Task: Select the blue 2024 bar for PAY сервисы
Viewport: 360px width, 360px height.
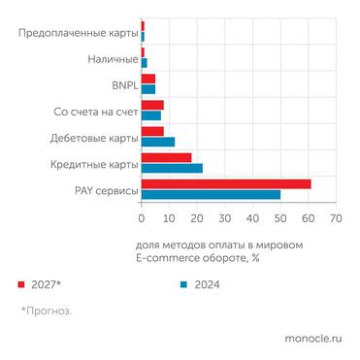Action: pos(211,194)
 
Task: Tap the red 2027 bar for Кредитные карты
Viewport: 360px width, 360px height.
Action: pos(166,157)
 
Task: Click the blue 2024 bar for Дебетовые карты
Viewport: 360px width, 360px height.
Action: pos(157,142)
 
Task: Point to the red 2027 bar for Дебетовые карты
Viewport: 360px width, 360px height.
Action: pos(152,131)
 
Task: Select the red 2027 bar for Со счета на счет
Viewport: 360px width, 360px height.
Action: pos(152,105)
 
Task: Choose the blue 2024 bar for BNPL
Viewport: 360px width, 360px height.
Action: pos(147,89)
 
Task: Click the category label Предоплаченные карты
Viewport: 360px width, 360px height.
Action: pos(79,34)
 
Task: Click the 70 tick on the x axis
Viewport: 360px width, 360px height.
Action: pos(336,218)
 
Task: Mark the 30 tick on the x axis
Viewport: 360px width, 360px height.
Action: pos(224,218)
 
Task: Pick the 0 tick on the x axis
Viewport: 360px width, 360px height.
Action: pos(142,218)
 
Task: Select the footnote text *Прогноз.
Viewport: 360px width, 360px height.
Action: pos(47,311)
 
